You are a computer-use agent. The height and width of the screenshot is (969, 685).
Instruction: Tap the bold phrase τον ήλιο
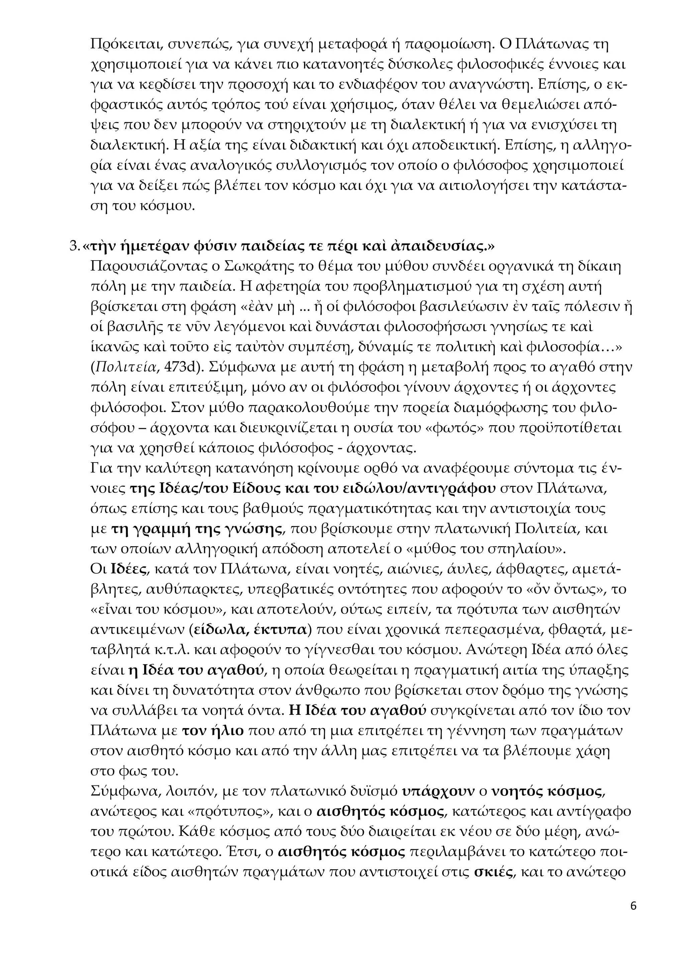(x=213, y=731)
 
